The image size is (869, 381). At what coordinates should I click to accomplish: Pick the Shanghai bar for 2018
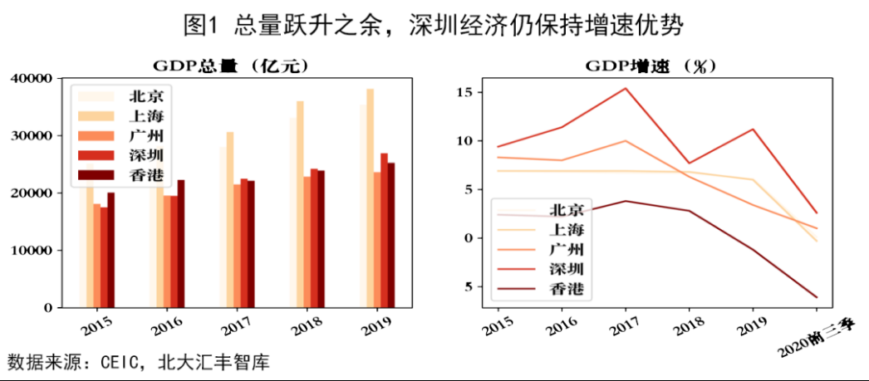pos(300,203)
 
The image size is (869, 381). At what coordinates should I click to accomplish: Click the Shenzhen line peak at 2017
pos(626,88)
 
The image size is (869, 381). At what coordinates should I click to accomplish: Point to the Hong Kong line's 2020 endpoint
pos(817,297)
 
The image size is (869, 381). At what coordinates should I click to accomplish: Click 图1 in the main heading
pos(199,25)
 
